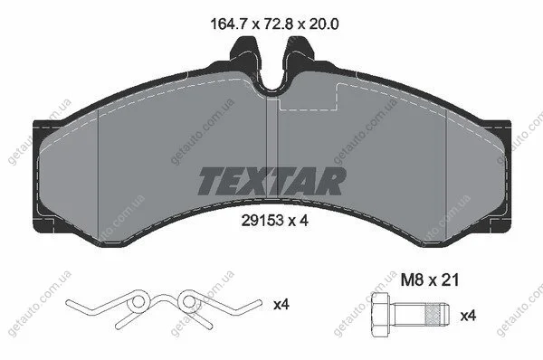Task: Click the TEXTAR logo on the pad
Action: [x=271, y=181]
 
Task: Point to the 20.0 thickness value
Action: [x=324, y=24]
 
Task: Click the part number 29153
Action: [x=262, y=220]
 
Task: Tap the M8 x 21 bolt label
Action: [x=429, y=279]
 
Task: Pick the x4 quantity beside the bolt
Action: [x=468, y=316]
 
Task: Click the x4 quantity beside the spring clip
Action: [x=281, y=305]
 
